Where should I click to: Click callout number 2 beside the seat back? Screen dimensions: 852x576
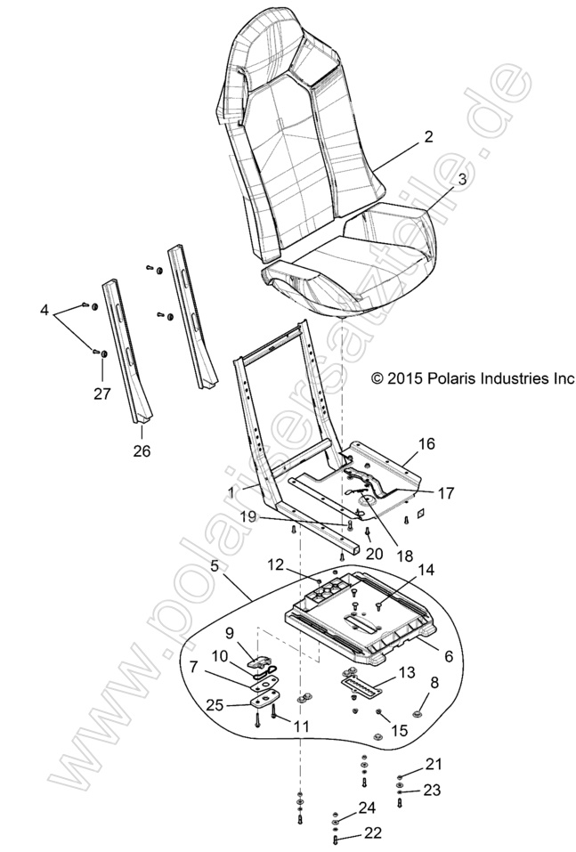428,137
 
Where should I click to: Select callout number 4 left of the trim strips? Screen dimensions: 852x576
44,312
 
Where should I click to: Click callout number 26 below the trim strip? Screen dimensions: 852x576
142,450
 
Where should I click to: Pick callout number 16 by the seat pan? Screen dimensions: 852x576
426,443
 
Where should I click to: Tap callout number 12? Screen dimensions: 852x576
276,564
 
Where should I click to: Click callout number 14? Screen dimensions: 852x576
426,569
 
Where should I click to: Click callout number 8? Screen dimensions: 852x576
434,684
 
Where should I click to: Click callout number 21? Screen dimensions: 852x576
433,765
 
